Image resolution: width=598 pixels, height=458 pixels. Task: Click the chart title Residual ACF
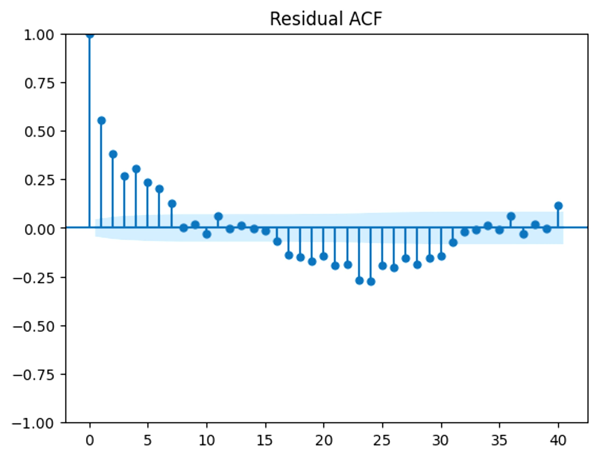click(326, 19)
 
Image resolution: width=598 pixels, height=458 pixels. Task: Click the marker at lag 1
click(101, 121)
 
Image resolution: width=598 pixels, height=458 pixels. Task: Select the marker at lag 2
click(113, 154)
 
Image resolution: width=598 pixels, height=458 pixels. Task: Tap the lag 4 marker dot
click(136, 169)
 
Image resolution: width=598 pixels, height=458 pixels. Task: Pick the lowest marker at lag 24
click(371, 282)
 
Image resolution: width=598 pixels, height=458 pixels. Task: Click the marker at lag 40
click(559, 206)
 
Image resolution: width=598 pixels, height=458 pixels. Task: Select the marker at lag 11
click(218, 217)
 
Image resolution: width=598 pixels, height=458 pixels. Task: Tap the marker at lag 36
click(511, 217)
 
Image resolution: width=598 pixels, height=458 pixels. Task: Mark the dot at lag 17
click(289, 256)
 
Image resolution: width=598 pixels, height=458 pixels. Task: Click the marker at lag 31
click(453, 242)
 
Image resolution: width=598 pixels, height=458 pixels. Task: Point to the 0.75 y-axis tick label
click(40, 83)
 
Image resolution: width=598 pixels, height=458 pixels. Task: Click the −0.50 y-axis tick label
click(34, 326)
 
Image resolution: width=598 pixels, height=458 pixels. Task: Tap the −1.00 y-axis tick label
click(34, 423)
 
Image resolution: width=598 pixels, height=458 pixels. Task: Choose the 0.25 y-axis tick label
click(40, 180)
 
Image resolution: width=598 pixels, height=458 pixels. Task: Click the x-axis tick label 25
click(382, 440)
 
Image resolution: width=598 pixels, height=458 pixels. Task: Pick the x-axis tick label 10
click(207, 440)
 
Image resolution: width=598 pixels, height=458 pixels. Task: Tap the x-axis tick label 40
click(558, 440)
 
